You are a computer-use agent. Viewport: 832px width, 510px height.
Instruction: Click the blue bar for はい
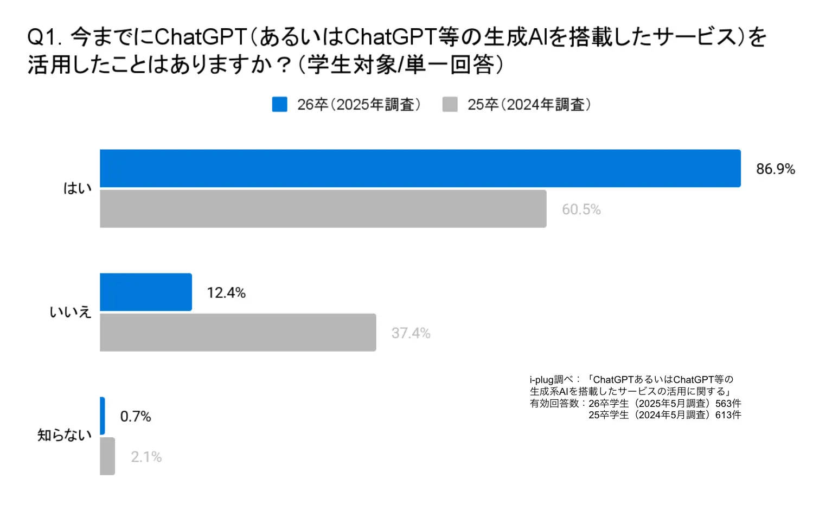(420, 168)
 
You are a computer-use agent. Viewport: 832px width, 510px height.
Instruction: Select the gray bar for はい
(323, 209)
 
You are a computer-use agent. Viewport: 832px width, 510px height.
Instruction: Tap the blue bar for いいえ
(146, 292)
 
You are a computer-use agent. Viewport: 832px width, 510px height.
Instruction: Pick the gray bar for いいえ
(238, 333)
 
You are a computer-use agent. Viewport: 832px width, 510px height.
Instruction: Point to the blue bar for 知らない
(103, 416)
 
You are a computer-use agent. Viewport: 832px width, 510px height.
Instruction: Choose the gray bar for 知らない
(107, 456)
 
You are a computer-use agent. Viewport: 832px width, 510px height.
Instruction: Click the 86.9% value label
(776, 169)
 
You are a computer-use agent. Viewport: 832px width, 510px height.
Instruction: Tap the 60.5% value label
(581, 209)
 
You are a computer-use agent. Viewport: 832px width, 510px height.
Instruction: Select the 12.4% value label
(226, 293)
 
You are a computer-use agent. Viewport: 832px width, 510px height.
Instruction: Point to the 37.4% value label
(411, 333)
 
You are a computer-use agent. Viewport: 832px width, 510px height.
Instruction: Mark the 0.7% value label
(136, 417)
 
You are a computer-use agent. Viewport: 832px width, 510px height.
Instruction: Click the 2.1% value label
(146, 457)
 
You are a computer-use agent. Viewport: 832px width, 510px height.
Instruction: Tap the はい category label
(78, 188)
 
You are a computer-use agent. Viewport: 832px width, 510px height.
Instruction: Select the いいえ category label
(71, 312)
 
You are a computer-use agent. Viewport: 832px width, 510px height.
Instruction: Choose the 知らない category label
(65, 435)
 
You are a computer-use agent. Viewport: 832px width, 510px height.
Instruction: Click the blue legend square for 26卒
(280, 105)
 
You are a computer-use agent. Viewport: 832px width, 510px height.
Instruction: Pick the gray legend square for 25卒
(450, 105)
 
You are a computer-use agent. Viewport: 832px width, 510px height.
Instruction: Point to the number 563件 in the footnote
(728, 403)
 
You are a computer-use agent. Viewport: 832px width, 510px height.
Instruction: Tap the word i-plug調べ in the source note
(551, 380)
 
